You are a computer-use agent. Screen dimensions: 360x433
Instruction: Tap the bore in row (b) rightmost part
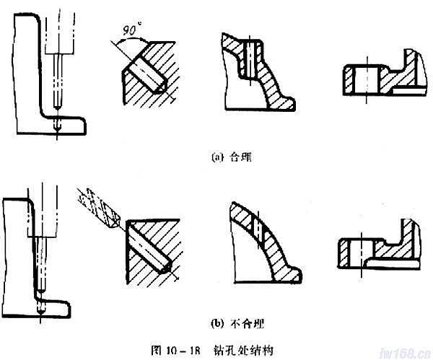[354, 250]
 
